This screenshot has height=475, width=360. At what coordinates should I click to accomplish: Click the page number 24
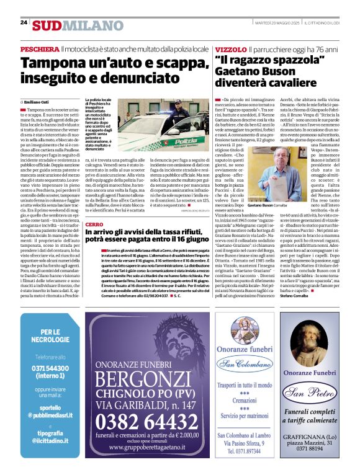pyautogui.click(x=24, y=22)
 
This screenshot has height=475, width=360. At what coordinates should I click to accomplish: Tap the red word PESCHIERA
pyautogui.click(x=40, y=48)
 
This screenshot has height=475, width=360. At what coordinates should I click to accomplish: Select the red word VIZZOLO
pyautogui.click(x=230, y=48)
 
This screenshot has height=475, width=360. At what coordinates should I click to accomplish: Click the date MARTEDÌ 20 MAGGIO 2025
pyautogui.click(x=277, y=23)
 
